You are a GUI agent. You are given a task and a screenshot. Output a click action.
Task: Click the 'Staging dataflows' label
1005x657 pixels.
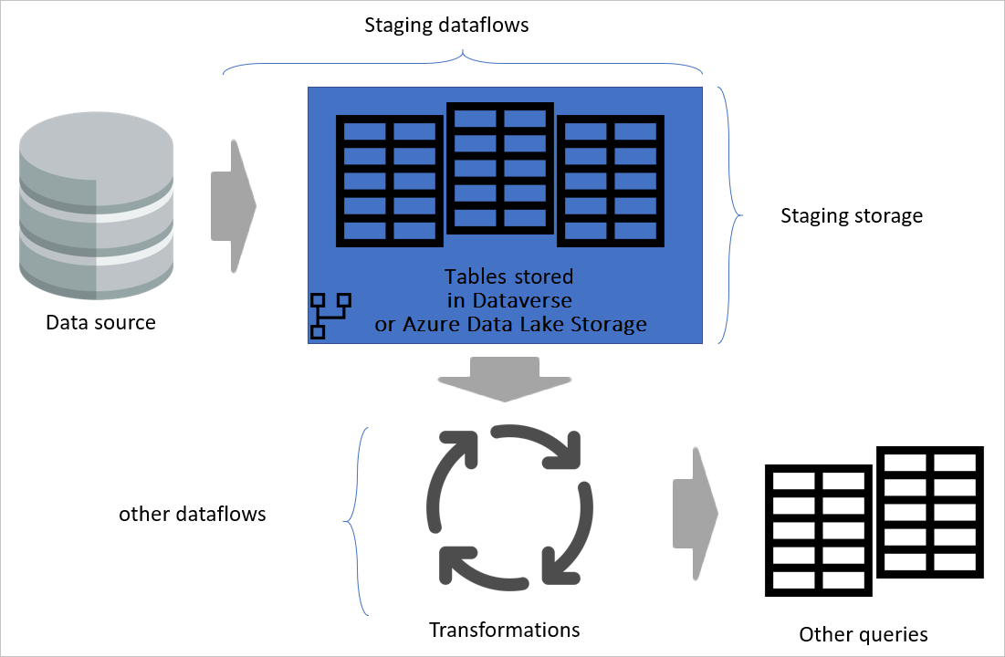446,26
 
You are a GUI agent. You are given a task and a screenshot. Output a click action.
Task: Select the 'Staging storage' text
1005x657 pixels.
851,216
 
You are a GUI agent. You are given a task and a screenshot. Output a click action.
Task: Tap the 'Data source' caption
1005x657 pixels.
100,322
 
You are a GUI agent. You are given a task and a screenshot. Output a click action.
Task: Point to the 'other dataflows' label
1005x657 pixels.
192,514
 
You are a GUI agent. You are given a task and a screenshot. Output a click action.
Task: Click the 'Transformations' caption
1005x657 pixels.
504,630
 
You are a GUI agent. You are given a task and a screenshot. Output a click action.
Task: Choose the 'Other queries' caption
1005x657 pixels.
863,634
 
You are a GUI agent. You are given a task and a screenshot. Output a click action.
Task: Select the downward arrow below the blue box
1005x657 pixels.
504,377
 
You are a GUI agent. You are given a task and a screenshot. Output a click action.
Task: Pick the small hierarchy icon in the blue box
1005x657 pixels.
330,316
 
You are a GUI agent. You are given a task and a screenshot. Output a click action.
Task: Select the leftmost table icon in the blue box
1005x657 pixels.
390,181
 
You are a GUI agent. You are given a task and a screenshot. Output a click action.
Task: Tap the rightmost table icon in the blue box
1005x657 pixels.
610,181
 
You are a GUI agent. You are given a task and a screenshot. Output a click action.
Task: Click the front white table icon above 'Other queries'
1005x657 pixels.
817,529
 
